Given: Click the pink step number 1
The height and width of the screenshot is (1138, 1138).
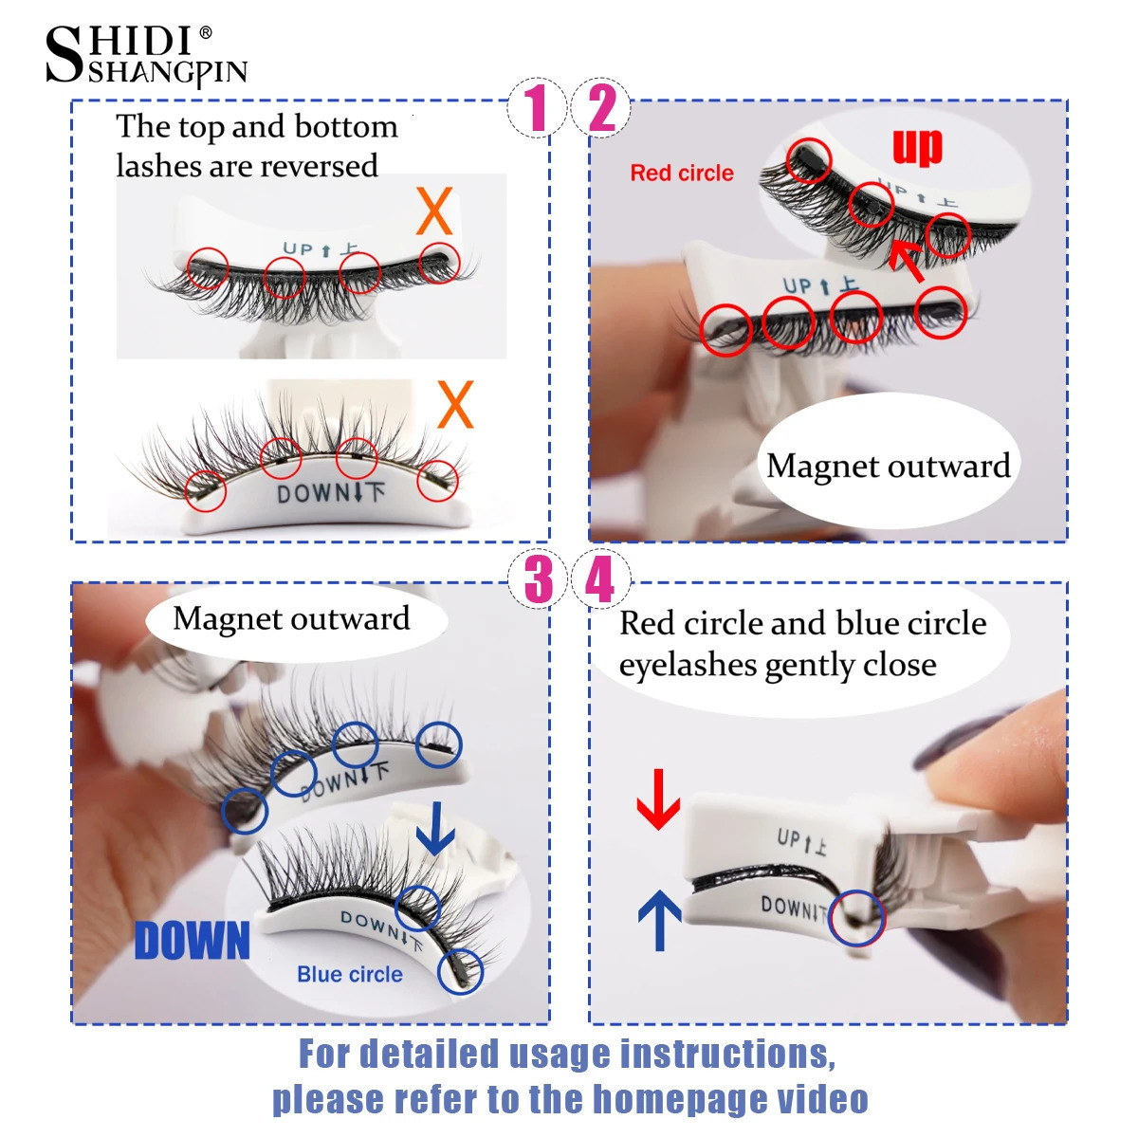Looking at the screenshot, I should pos(537,107).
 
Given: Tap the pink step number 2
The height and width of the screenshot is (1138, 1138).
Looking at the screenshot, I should pos(602,107).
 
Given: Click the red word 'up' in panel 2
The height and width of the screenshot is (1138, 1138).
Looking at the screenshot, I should pos(917,147).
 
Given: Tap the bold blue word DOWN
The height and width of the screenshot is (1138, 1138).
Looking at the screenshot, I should pos(193,941).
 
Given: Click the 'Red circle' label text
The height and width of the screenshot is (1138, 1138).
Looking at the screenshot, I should pos(682,174).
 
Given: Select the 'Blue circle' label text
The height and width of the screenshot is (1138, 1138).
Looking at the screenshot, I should pos(349,975).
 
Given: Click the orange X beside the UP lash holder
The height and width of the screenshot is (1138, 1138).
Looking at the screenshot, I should pos(434,211).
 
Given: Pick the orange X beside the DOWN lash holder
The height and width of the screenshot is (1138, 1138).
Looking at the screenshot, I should pos(455,405).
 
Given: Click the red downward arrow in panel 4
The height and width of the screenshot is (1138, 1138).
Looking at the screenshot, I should pos(658,799).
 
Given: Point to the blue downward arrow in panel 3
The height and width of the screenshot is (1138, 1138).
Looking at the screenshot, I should pos(435,828).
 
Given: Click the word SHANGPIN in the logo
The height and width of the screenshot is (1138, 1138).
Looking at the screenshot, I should pos(168,73).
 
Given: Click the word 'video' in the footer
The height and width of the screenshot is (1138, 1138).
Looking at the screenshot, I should pos(822,1099).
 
